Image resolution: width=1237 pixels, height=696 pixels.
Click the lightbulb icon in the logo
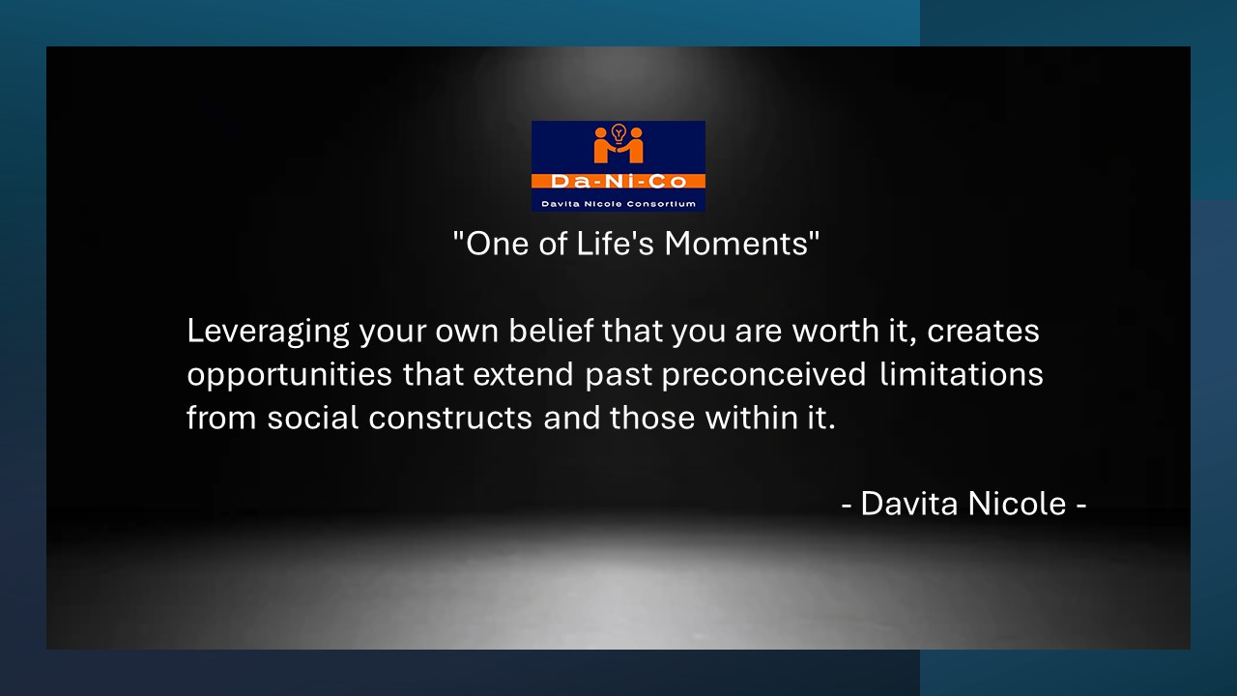click(618, 133)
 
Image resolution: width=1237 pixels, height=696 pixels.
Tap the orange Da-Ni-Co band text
click(618, 181)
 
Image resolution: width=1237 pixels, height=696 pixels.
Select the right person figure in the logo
click(632, 146)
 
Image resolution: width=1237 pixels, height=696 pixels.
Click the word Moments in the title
click(736, 244)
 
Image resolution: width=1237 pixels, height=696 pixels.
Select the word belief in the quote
click(551, 331)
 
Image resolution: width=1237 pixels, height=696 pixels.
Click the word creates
click(983, 332)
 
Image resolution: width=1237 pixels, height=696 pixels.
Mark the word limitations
click(961, 374)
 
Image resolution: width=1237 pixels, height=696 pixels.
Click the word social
click(313, 417)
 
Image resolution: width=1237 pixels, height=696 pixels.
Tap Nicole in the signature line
click(1017, 504)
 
